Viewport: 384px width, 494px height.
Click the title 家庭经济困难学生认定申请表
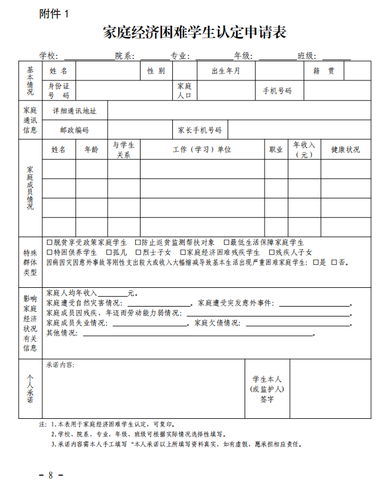(x=194, y=33)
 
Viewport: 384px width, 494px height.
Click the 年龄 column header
(x=91, y=150)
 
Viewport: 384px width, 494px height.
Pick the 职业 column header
(x=276, y=150)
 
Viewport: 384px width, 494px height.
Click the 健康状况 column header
(x=345, y=150)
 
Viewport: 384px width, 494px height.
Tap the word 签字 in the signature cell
(x=267, y=399)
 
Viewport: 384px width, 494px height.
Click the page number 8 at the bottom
(x=51, y=475)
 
